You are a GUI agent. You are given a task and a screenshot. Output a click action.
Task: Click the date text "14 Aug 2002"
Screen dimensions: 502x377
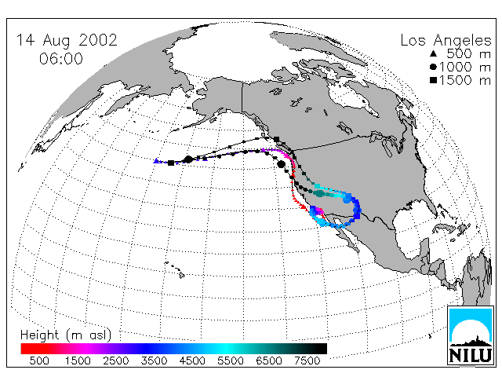[x=67, y=40]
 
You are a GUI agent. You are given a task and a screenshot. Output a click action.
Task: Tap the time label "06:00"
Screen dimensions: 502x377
[x=61, y=59]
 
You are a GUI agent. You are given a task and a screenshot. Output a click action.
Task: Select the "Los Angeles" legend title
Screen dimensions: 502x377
[x=446, y=41]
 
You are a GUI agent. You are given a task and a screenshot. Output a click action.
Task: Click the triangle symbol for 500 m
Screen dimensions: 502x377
[x=433, y=53]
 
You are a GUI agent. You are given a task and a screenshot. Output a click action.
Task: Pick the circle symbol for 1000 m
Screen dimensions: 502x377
[x=433, y=67]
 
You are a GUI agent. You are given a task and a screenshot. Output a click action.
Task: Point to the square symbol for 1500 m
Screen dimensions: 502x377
[x=433, y=80]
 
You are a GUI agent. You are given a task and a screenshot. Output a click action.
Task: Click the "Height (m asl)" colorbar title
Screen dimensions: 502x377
[x=66, y=335]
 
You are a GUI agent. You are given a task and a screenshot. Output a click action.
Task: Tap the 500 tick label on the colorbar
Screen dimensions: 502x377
[x=39, y=361]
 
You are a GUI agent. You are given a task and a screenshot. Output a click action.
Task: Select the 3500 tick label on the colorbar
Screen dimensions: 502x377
[x=154, y=361]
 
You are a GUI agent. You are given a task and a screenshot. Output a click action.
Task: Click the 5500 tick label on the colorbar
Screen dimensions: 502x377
[x=231, y=361]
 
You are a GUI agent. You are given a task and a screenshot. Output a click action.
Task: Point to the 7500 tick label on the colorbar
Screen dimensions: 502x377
[x=307, y=361]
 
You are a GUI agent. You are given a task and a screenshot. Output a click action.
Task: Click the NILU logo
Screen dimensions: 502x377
[x=470, y=335]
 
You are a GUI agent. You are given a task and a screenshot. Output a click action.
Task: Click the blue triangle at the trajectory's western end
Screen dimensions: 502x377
[x=156, y=161]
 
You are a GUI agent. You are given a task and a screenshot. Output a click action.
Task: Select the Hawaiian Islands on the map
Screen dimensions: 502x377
[x=176, y=269]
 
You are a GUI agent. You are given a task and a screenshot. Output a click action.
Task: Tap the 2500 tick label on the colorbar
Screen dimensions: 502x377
[x=116, y=361]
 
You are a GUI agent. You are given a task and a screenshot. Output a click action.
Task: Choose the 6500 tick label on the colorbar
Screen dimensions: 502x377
[x=269, y=361]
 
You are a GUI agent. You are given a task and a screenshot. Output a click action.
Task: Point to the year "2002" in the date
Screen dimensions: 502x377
[x=98, y=40]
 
